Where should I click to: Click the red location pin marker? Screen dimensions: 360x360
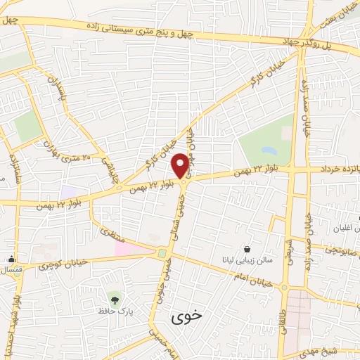tap(181, 165)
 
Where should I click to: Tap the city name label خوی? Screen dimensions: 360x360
tap(186, 316)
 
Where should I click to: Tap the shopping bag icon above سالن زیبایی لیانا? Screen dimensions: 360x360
tap(246, 248)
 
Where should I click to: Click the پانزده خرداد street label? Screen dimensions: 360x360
tap(335, 169)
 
